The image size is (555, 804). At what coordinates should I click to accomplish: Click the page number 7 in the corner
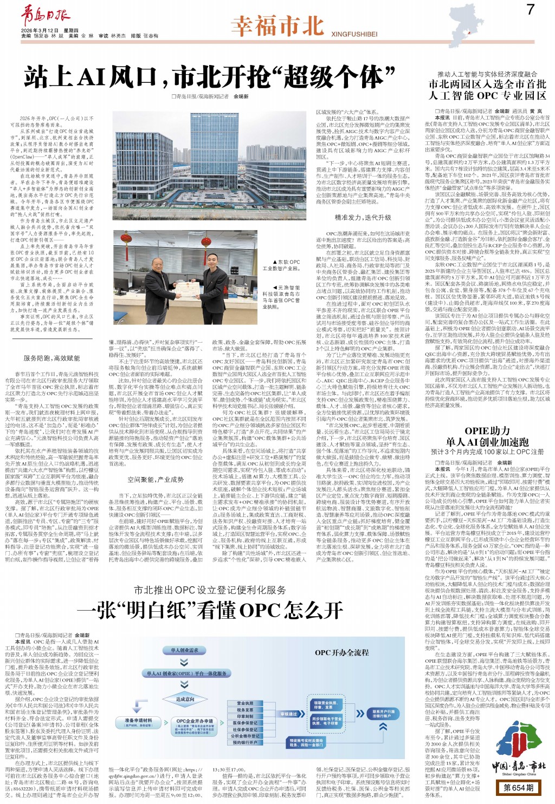[530, 9]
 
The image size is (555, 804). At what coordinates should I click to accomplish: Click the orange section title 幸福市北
[277, 27]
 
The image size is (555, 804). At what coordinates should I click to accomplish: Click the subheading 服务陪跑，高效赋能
[51, 358]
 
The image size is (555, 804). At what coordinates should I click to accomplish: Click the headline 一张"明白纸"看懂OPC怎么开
[214, 610]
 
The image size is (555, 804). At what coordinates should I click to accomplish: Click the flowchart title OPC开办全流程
[341, 652]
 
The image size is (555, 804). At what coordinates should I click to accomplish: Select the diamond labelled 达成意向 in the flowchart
[185, 699]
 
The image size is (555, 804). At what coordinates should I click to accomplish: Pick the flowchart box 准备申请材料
[138, 722]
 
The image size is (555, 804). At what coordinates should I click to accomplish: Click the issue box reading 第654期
[518, 787]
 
